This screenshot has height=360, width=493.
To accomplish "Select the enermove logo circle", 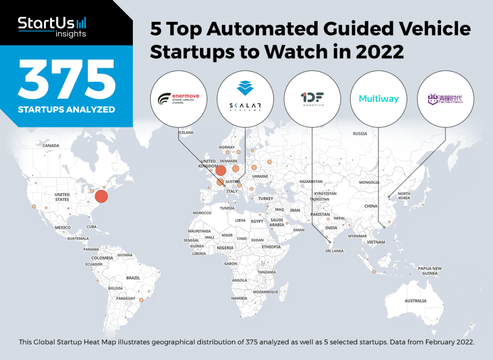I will [178, 99].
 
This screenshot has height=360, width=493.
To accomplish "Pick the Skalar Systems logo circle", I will [245, 99].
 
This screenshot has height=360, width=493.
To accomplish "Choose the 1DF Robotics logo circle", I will [312, 99].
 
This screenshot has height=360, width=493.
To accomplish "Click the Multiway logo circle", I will [379, 99].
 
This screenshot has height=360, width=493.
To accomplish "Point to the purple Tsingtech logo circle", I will [446, 99].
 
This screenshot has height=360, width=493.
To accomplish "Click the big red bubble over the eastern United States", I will [101, 197].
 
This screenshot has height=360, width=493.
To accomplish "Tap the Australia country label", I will [415, 301].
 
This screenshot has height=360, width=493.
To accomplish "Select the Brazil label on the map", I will [133, 278].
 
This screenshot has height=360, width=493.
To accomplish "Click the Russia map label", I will [360, 133].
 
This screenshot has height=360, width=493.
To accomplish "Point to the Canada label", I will [51, 146].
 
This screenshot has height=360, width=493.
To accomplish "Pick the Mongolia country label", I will [369, 182].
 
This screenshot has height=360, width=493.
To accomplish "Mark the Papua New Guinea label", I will [430, 271].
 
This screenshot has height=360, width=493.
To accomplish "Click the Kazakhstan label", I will [311, 182].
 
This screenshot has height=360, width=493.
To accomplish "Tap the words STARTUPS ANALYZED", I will [67, 110].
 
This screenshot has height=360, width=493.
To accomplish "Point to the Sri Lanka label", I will [334, 251].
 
